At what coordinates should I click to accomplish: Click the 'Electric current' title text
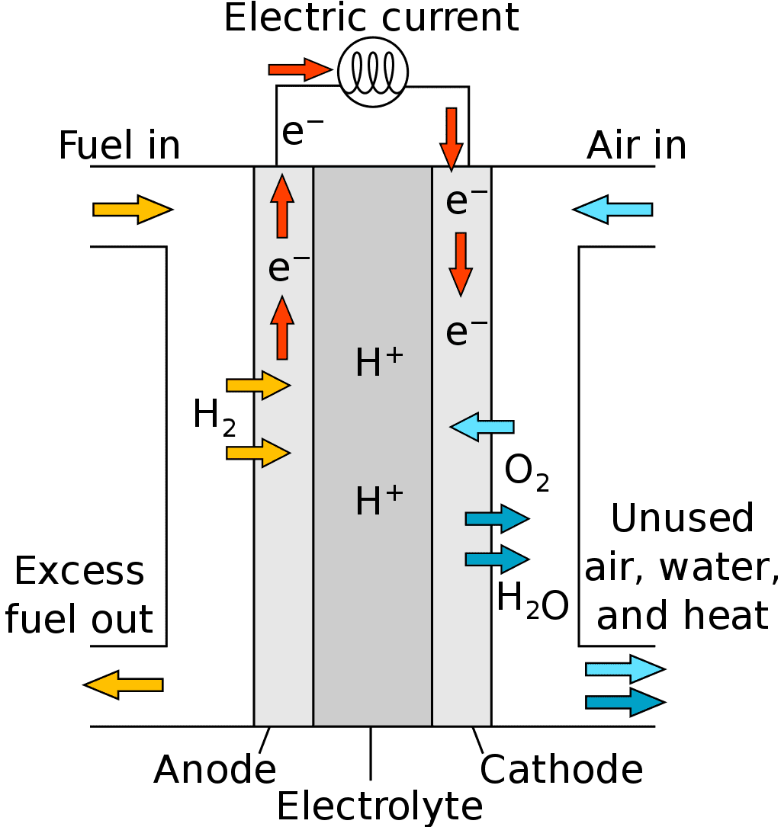(371, 17)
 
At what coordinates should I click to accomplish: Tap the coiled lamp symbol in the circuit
(374, 72)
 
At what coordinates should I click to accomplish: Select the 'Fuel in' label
(120, 145)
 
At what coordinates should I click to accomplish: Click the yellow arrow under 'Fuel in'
(133, 209)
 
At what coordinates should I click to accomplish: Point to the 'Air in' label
(636, 145)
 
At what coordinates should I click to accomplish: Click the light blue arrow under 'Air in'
(612, 209)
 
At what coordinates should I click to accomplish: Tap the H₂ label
(214, 418)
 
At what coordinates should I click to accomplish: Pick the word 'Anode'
(215, 770)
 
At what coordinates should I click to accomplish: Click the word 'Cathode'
(561, 770)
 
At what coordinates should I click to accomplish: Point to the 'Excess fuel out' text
(79, 595)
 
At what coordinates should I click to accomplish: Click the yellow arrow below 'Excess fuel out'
(123, 684)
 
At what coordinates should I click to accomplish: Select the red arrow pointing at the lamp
(300, 69)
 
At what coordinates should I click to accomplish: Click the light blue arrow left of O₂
(482, 426)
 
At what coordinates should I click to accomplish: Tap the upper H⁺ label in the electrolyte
(379, 363)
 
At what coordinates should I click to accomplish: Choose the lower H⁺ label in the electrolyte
(379, 501)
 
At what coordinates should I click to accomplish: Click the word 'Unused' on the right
(682, 518)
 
